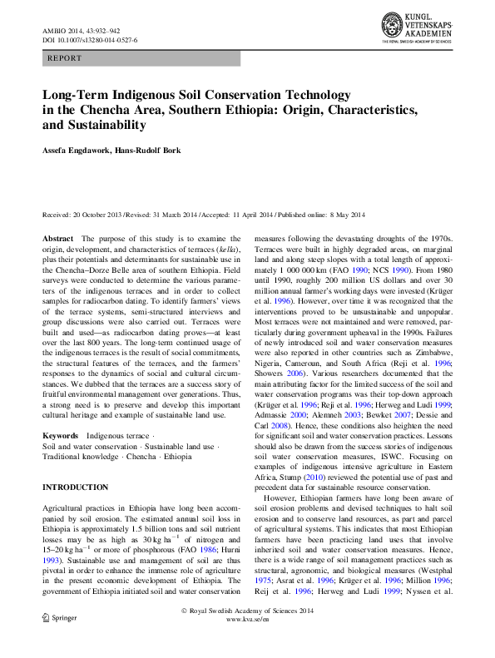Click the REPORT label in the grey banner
click(x=66, y=58)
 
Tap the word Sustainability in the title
click(x=106, y=126)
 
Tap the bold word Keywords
click(x=60, y=436)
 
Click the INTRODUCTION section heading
click(x=75, y=487)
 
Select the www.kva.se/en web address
click(x=247, y=643)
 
